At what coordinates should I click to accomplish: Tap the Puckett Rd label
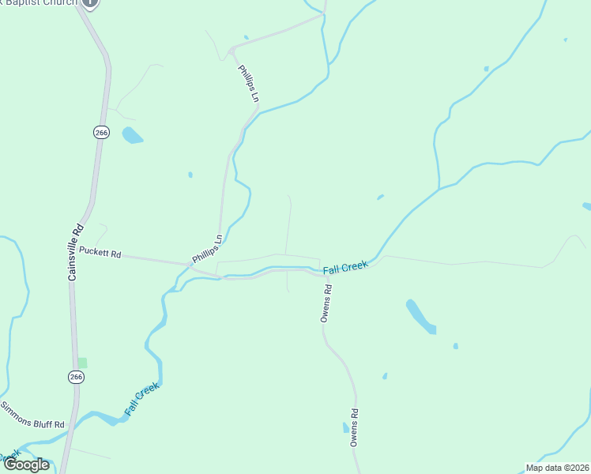[100, 254]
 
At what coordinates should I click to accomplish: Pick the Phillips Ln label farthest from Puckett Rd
[248, 83]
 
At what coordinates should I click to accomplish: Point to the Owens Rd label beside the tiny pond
[356, 428]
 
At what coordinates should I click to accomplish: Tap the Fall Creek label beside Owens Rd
[345, 268]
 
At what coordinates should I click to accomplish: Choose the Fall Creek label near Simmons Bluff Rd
[142, 399]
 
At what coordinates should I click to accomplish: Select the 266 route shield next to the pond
[100, 133]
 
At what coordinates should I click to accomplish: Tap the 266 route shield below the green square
[75, 377]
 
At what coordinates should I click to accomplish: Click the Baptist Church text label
[40, 2]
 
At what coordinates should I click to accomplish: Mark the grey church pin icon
[91, 2]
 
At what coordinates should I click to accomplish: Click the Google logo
[26, 465]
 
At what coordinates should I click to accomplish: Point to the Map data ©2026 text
[557, 468]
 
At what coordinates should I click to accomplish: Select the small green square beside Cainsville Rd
[82, 363]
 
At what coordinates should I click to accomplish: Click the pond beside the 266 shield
[131, 135]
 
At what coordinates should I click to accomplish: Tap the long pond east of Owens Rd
[420, 317]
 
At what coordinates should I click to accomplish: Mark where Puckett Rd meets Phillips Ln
[192, 264]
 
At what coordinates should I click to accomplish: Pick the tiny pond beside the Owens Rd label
[345, 428]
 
